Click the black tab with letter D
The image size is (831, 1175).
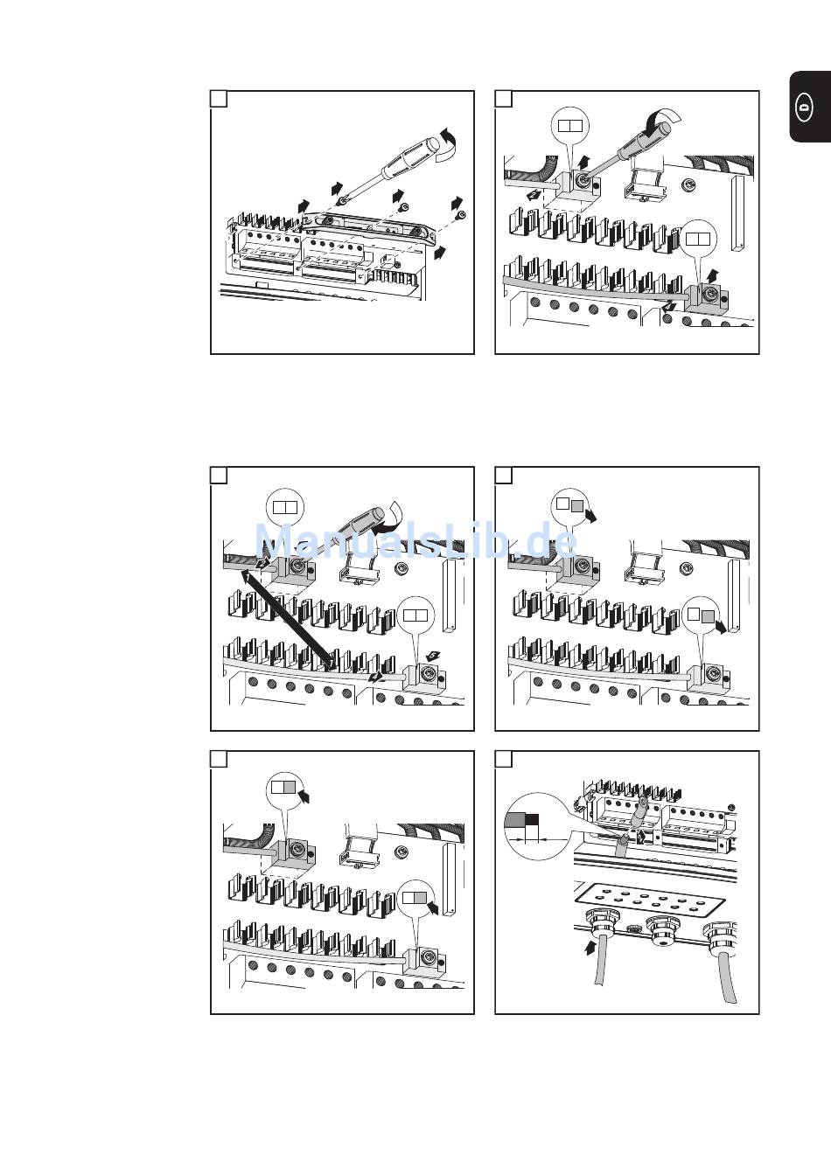[x=810, y=107]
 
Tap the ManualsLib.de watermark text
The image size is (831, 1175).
[x=415, y=541]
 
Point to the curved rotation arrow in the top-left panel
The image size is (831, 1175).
[x=447, y=142]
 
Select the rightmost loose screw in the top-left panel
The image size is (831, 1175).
[x=461, y=214]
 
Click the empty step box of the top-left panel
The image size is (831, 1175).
[x=219, y=99]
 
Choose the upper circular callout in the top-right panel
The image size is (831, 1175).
[x=570, y=125]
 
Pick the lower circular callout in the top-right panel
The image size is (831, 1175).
[x=698, y=239]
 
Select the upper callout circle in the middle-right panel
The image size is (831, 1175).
[x=570, y=505]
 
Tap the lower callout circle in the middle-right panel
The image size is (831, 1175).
[x=702, y=615]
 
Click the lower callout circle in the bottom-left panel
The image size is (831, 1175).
[x=415, y=899]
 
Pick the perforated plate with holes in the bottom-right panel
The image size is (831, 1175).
[x=651, y=899]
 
